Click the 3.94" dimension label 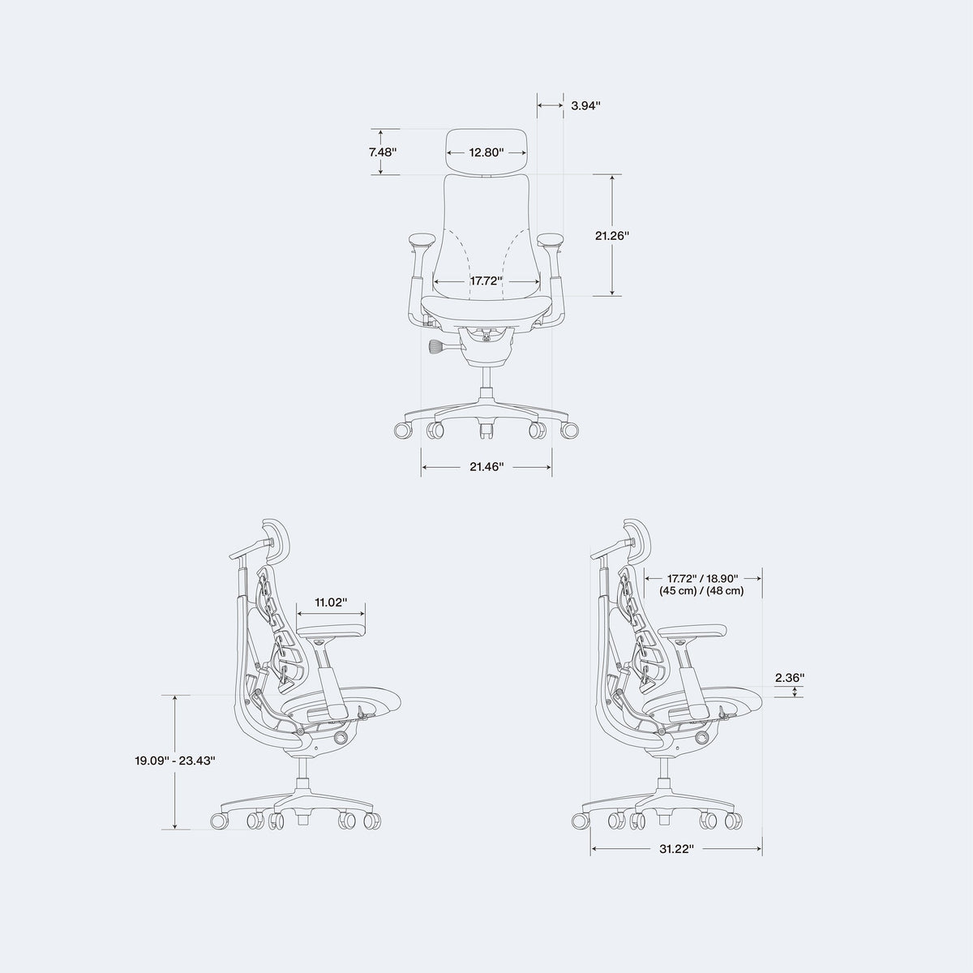(585, 105)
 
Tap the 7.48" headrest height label (382, 152)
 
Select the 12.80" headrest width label (486, 152)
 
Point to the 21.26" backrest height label (612, 235)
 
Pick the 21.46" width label (486, 467)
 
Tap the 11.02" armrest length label (332, 602)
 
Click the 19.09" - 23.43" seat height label (174, 774)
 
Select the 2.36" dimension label (790, 678)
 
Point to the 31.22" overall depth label (676, 849)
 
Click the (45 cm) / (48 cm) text (701, 591)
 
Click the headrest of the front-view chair (486, 152)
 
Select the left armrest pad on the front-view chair (422, 239)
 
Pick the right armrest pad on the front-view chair (551, 239)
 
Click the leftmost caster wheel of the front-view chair (402, 431)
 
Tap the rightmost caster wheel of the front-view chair (570, 431)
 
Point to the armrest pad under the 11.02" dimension (332, 631)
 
